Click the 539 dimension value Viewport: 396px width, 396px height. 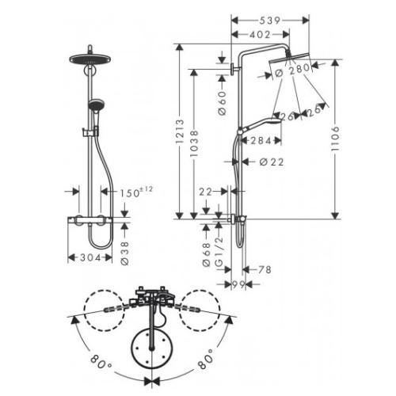point(269,21)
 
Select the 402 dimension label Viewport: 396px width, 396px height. point(260,35)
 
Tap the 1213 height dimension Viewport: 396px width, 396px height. point(180,131)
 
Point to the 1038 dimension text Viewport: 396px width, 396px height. point(194,143)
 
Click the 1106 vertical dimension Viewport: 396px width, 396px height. point(335,139)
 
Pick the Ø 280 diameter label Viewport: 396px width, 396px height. point(292,70)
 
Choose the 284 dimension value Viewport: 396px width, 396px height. point(261,141)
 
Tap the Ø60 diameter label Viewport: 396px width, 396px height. point(223,103)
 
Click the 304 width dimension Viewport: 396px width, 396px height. point(90,257)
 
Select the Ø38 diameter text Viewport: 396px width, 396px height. point(125,253)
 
